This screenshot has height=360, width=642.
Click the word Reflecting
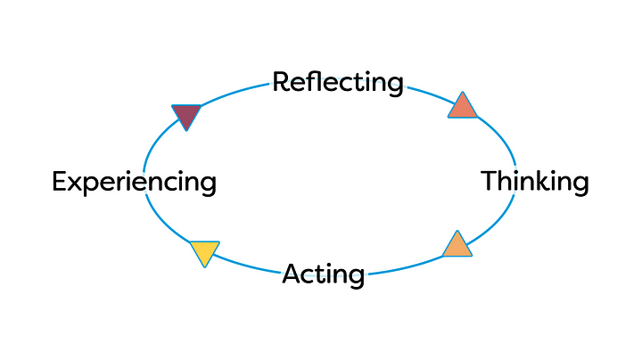[338, 84]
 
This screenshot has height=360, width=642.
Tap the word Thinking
[535, 181]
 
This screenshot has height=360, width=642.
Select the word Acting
[324, 275]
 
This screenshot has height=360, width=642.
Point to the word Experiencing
[135, 182]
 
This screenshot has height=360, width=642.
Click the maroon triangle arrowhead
[186, 115]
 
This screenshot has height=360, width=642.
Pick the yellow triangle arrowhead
[205, 252]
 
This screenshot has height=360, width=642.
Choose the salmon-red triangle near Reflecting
[463, 107]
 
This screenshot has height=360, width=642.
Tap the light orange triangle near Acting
[457, 246]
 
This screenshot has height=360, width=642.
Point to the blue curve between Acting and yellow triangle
[247, 266]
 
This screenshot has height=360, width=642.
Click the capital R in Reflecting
[281, 82]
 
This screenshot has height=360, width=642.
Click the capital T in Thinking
[490, 181]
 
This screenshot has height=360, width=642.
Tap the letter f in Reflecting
[314, 81]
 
